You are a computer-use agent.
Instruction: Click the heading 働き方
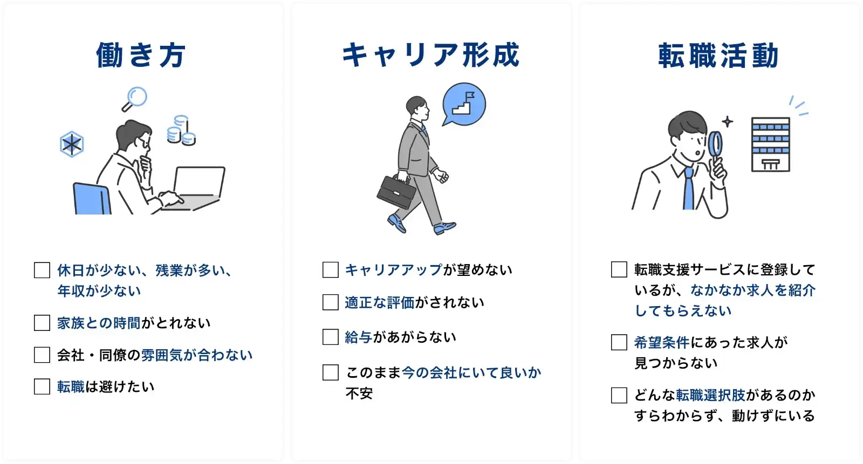pyautogui.click(x=141, y=56)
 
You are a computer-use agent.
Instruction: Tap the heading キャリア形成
pyautogui.click(x=430, y=56)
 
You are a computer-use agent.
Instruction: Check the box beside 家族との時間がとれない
pyautogui.click(x=42, y=323)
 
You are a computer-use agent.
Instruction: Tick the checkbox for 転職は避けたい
pyautogui.click(x=42, y=386)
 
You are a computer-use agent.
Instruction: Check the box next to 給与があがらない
pyautogui.click(x=330, y=337)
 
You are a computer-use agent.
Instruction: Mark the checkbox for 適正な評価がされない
pyautogui.click(x=330, y=302)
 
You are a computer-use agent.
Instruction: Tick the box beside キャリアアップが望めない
pyautogui.click(x=330, y=269)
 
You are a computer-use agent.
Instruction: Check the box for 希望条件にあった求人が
pyautogui.click(x=619, y=342)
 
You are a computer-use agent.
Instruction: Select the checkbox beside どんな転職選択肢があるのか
pyautogui.click(x=619, y=395)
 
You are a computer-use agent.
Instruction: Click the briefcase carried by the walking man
pyautogui.click(x=396, y=192)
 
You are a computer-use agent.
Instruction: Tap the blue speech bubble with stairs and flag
pyautogui.click(x=464, y=105)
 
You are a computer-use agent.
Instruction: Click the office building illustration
pyautogui.click(x=770, y=144)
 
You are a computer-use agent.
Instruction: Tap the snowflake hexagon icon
pyautogui.click(x=72, y=144)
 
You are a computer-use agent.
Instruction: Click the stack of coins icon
pyautogui.click(x=181, y=131)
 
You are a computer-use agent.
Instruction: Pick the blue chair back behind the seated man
pyautogui.click(x=91, y=199)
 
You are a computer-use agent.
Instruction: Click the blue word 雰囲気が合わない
pyautogui.click(x=197, y=355)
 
